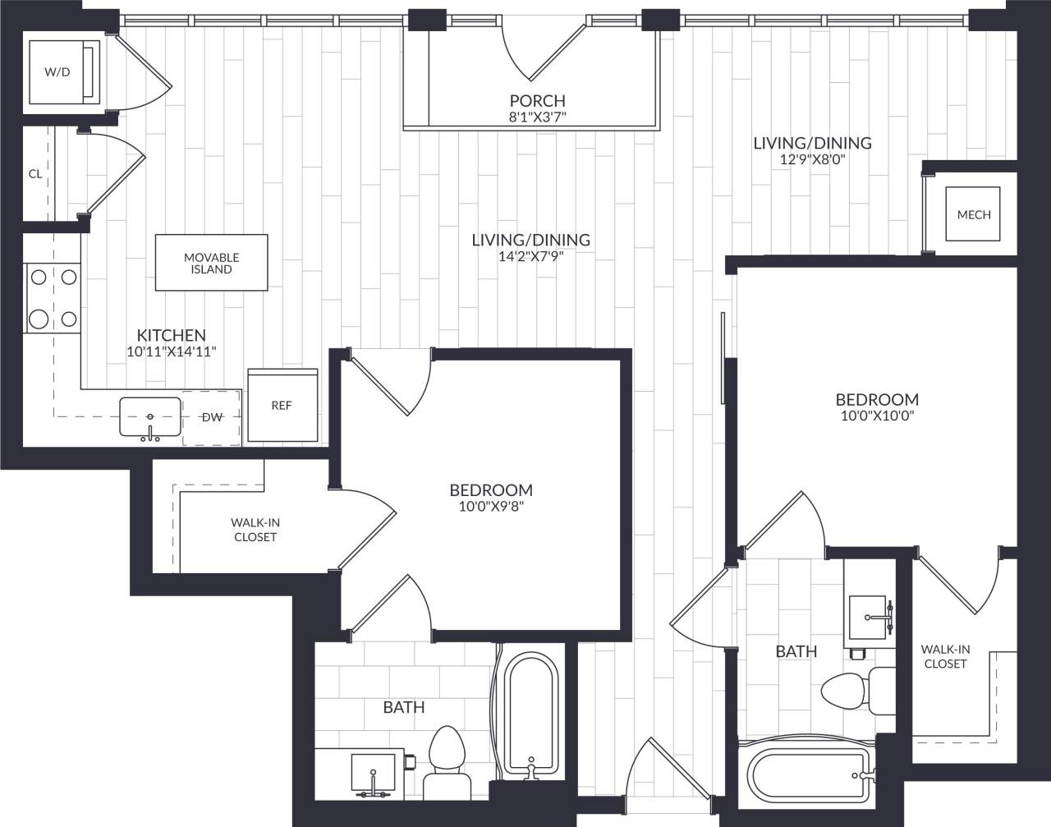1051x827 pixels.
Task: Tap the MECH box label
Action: (974, 214)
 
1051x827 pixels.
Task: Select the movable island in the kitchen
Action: (212, 263)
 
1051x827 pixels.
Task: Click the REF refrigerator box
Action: (282, 406)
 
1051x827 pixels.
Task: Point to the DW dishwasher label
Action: (213, 417)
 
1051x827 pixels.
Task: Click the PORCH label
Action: (537, 101)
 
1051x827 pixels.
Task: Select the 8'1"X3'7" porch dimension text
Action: (537, 117)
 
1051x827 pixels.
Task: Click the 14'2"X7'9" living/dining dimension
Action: (530, 255)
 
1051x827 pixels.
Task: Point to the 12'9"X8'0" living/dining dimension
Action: (812, 159)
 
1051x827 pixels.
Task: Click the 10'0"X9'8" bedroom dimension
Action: (491, 506)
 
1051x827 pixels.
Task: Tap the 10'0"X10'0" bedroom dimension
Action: (876, 416)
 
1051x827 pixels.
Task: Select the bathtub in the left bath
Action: (530, 714)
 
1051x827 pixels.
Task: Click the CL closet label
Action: (35, 174)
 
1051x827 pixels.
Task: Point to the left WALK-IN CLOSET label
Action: (255, 530)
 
